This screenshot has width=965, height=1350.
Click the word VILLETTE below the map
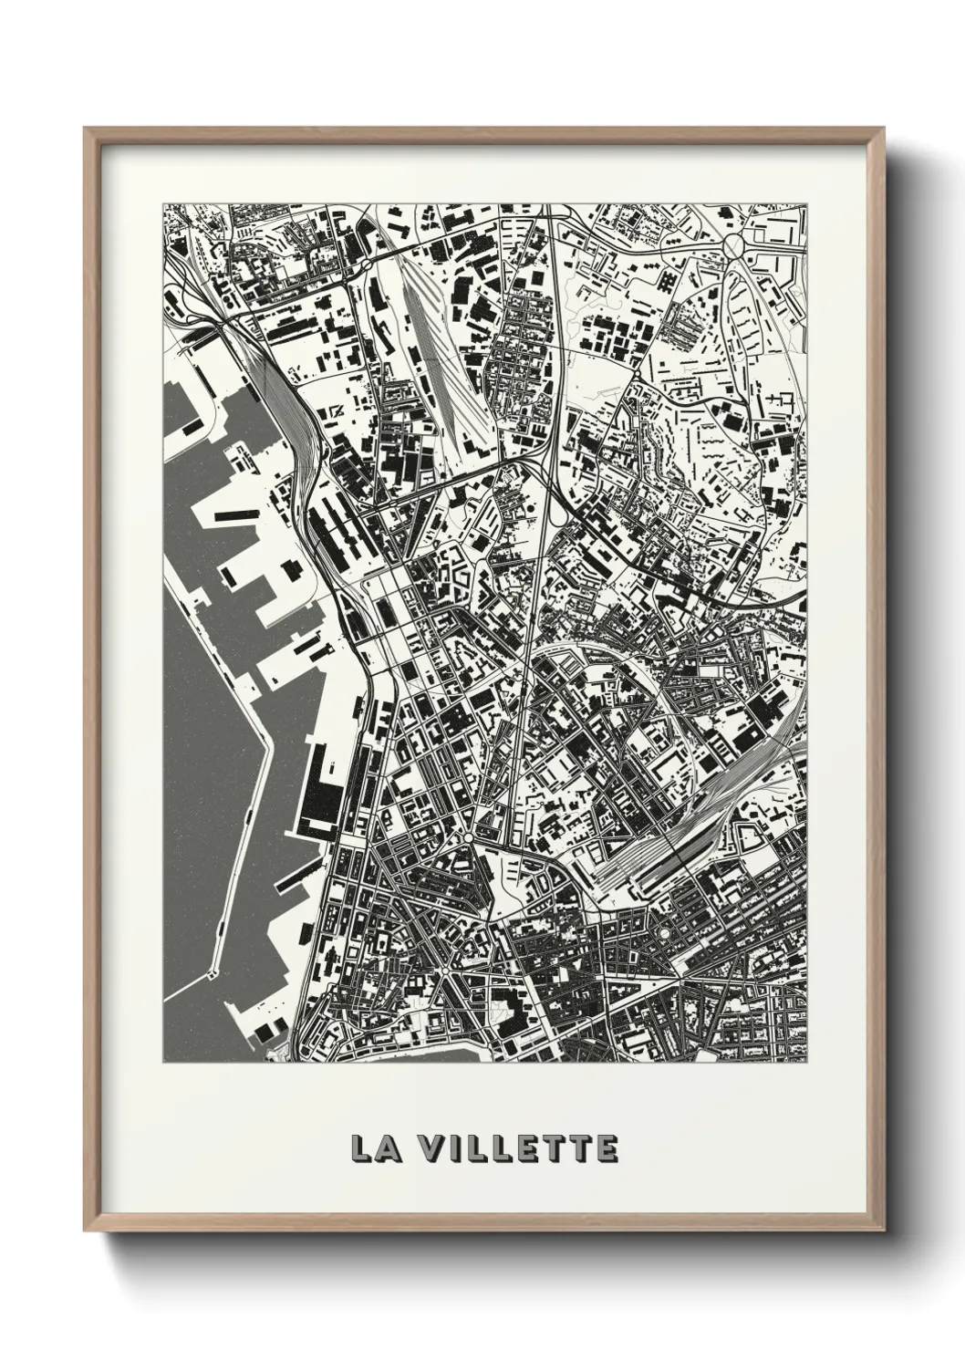521,1148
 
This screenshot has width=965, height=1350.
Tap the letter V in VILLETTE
435,1148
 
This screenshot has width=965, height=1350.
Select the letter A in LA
385,1148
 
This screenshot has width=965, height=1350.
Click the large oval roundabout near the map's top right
735,244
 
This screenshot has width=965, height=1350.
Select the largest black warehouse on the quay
318,794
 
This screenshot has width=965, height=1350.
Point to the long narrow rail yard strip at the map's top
437,356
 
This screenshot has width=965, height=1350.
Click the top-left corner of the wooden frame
85,129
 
